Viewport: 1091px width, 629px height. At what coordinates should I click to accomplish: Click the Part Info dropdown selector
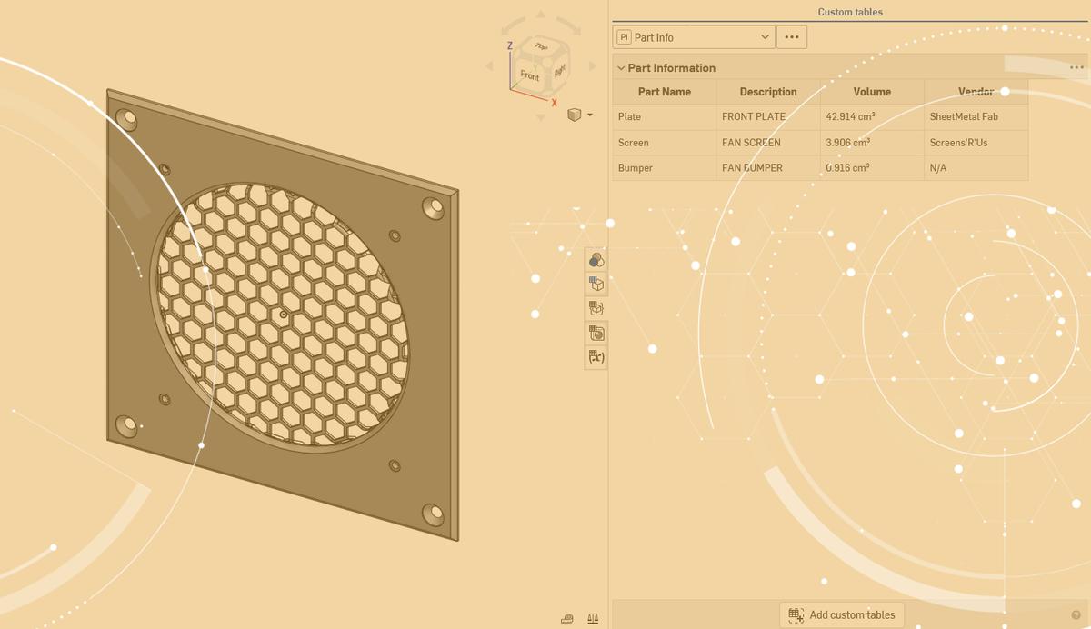[694, 37]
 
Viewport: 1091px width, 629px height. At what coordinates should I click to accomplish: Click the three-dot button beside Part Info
[791, 37]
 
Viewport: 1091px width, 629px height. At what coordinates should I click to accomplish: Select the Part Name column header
[664, 92]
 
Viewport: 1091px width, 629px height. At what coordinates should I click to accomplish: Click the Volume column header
[872, 92]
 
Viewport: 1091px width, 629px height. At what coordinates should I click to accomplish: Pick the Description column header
[767, 92]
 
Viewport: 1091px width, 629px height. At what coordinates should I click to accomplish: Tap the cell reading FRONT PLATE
[754, 116]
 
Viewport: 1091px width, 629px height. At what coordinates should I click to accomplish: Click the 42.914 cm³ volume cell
[849, 116]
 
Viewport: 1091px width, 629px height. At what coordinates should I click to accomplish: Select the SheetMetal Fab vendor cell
[964, 116]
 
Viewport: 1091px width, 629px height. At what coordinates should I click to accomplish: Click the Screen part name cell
[634, 143]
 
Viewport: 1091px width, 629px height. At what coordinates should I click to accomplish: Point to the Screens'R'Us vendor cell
[958, 143]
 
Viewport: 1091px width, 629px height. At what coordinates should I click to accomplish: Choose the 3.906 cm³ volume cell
[847, 143]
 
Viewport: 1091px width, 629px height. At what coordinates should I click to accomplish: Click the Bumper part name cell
[636, 168]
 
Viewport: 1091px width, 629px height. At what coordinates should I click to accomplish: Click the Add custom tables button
[842, 614]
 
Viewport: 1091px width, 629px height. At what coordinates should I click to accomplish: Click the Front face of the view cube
[529, 76]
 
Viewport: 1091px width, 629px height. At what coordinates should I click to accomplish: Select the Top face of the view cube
[541, 46]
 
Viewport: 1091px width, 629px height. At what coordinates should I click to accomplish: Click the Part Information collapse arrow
[621, 68]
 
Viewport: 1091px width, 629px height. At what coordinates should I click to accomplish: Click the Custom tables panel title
[849, 12]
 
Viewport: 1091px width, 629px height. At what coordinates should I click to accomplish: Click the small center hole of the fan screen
[284, 314]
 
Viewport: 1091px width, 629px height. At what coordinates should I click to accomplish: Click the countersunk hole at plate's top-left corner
[127, 118]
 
